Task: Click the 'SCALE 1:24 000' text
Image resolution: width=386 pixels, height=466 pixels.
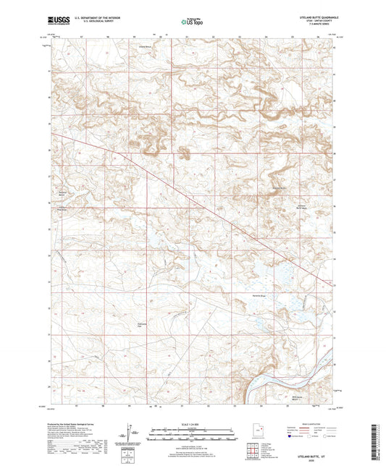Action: [x=193, y=424]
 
